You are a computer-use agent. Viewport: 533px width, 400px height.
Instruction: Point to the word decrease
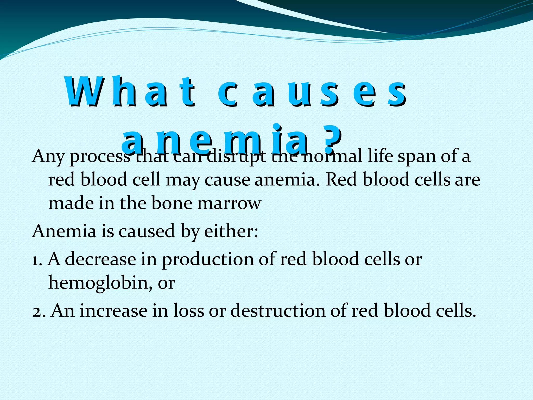pos(100,259)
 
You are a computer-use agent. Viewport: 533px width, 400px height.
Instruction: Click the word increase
pos(113,311)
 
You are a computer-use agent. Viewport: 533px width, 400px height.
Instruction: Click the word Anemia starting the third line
pos(64,231)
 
